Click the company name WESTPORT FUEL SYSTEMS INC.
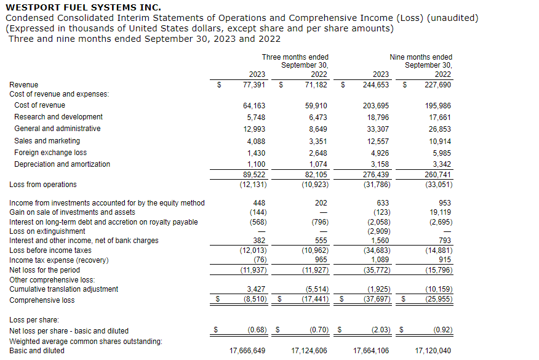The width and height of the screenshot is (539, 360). [83, 7]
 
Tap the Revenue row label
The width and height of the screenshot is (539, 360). [23, 85]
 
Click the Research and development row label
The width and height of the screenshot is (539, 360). [58, 117]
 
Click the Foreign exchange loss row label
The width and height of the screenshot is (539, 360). [50, 153]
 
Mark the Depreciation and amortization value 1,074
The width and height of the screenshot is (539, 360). [316, 164]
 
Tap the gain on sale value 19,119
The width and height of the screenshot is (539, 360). [439, 212]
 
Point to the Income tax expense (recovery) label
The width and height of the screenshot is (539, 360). [58, 260]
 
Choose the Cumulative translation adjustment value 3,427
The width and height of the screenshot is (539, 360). [256, 289]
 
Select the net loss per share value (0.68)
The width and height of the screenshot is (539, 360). [257, 330]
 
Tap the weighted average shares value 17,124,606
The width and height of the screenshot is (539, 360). [309, 351]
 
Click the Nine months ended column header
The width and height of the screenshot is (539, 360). [421, 57]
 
